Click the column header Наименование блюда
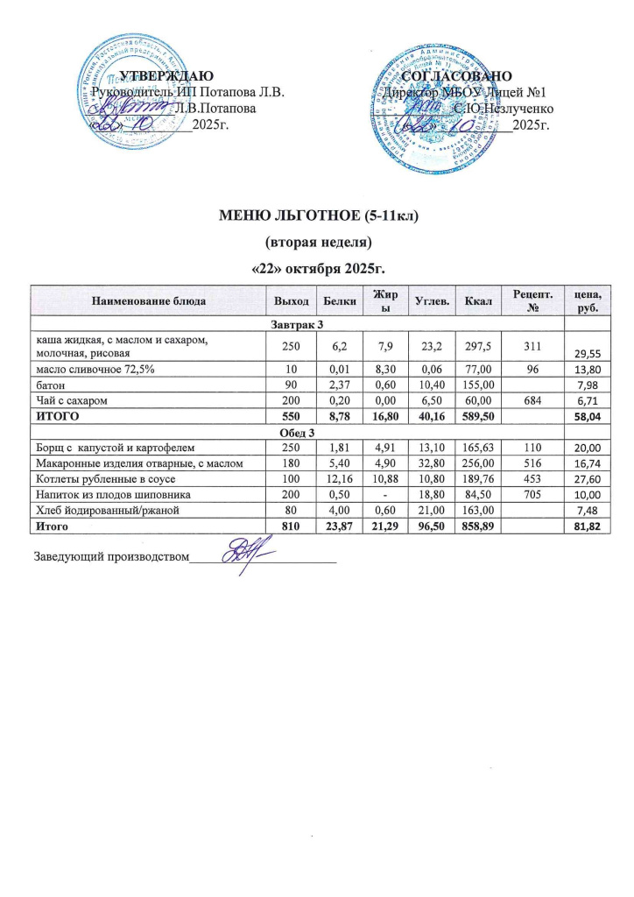tap(148, 301)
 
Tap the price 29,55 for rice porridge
tap(594, 352)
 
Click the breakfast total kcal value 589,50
tap(479, 415)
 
